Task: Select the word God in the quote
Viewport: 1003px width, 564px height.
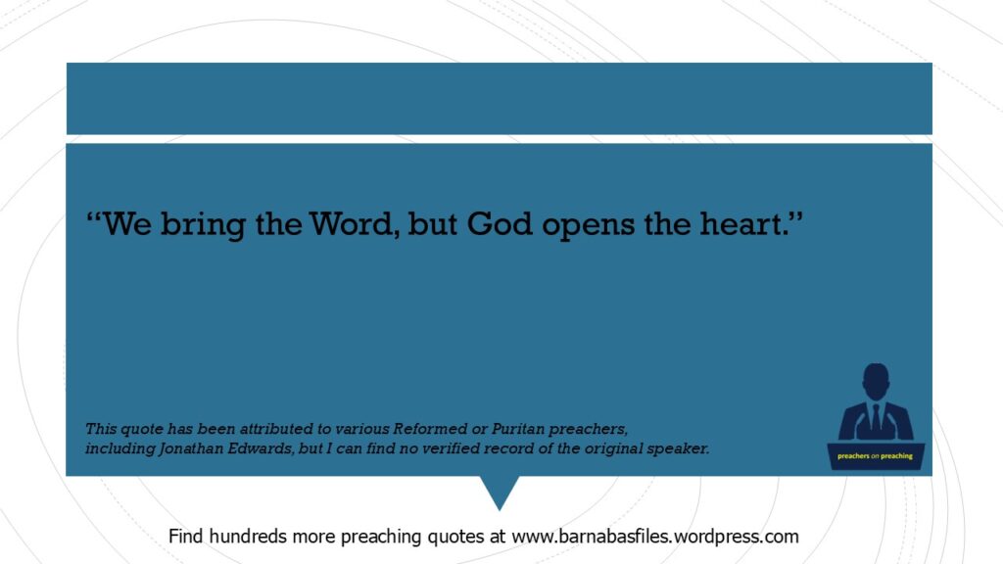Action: (499, 224)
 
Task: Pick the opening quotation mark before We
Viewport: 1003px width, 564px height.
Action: (94, 217)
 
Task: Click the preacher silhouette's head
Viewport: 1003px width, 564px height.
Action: (876, 381)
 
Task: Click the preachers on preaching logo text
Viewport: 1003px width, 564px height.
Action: (875, 456)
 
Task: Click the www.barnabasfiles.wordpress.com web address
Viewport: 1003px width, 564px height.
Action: (655, 536)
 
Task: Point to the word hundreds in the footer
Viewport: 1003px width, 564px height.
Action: (248, 536)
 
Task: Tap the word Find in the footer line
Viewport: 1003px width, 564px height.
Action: (186, 536)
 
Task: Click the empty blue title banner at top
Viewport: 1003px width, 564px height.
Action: (499, 99)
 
